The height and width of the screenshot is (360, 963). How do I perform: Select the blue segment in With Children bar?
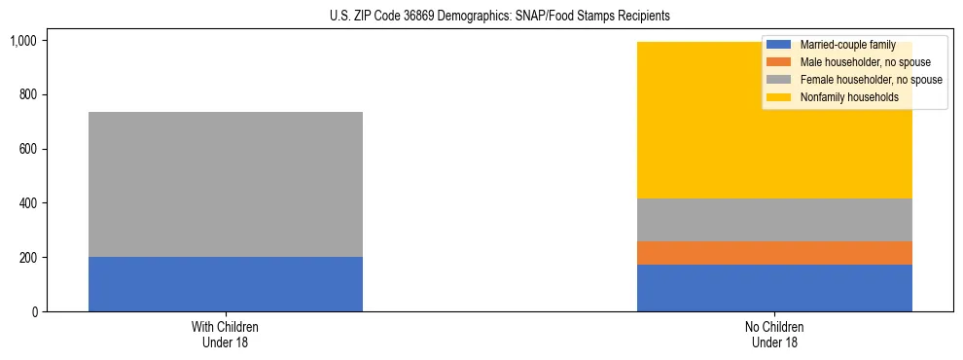[226, 284]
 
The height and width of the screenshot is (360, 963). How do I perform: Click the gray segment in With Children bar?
[226, 184]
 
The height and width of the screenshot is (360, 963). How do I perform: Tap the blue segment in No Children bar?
[774, 288]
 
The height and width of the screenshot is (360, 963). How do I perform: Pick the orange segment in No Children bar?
[774, 253]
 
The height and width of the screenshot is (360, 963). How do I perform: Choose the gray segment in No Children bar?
[774, 220]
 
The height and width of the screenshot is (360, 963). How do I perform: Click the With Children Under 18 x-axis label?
[226, 335]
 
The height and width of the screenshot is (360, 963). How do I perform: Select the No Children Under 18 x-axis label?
[774, 335]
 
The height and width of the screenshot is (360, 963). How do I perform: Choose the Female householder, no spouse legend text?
[871, 80]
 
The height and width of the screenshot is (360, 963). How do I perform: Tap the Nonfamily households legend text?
[849, 97]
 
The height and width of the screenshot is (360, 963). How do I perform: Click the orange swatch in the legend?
[779, 62]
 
